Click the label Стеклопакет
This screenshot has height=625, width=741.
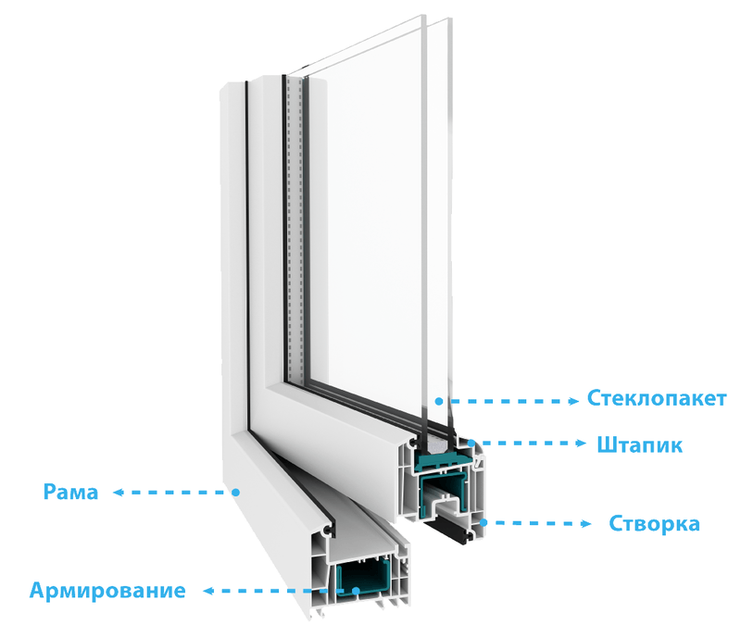pos(657,398)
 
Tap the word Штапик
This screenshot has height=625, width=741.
pos(640,445)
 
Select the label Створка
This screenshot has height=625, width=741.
pos(654,523)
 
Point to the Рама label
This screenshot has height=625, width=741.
pos(70,492)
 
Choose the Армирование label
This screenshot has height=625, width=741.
pos(107,590)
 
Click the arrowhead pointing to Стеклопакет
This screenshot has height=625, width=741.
pos(573,401)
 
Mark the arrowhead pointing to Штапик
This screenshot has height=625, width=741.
pos(582,444)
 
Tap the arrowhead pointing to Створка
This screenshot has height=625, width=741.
pos(586,523)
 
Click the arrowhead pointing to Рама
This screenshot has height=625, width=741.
pos(119,493)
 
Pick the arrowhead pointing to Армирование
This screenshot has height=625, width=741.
pos(209,591)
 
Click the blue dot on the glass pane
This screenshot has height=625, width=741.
pos(439,401)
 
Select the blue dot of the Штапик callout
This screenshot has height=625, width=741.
pos(471,444)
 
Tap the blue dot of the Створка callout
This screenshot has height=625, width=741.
pos(483,522)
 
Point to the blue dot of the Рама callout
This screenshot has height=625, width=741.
pos(236,493)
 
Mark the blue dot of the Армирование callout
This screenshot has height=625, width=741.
pos(356,591)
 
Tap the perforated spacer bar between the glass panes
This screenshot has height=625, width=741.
pos(295,227)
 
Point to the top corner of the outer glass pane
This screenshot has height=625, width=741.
pos(451,19)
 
